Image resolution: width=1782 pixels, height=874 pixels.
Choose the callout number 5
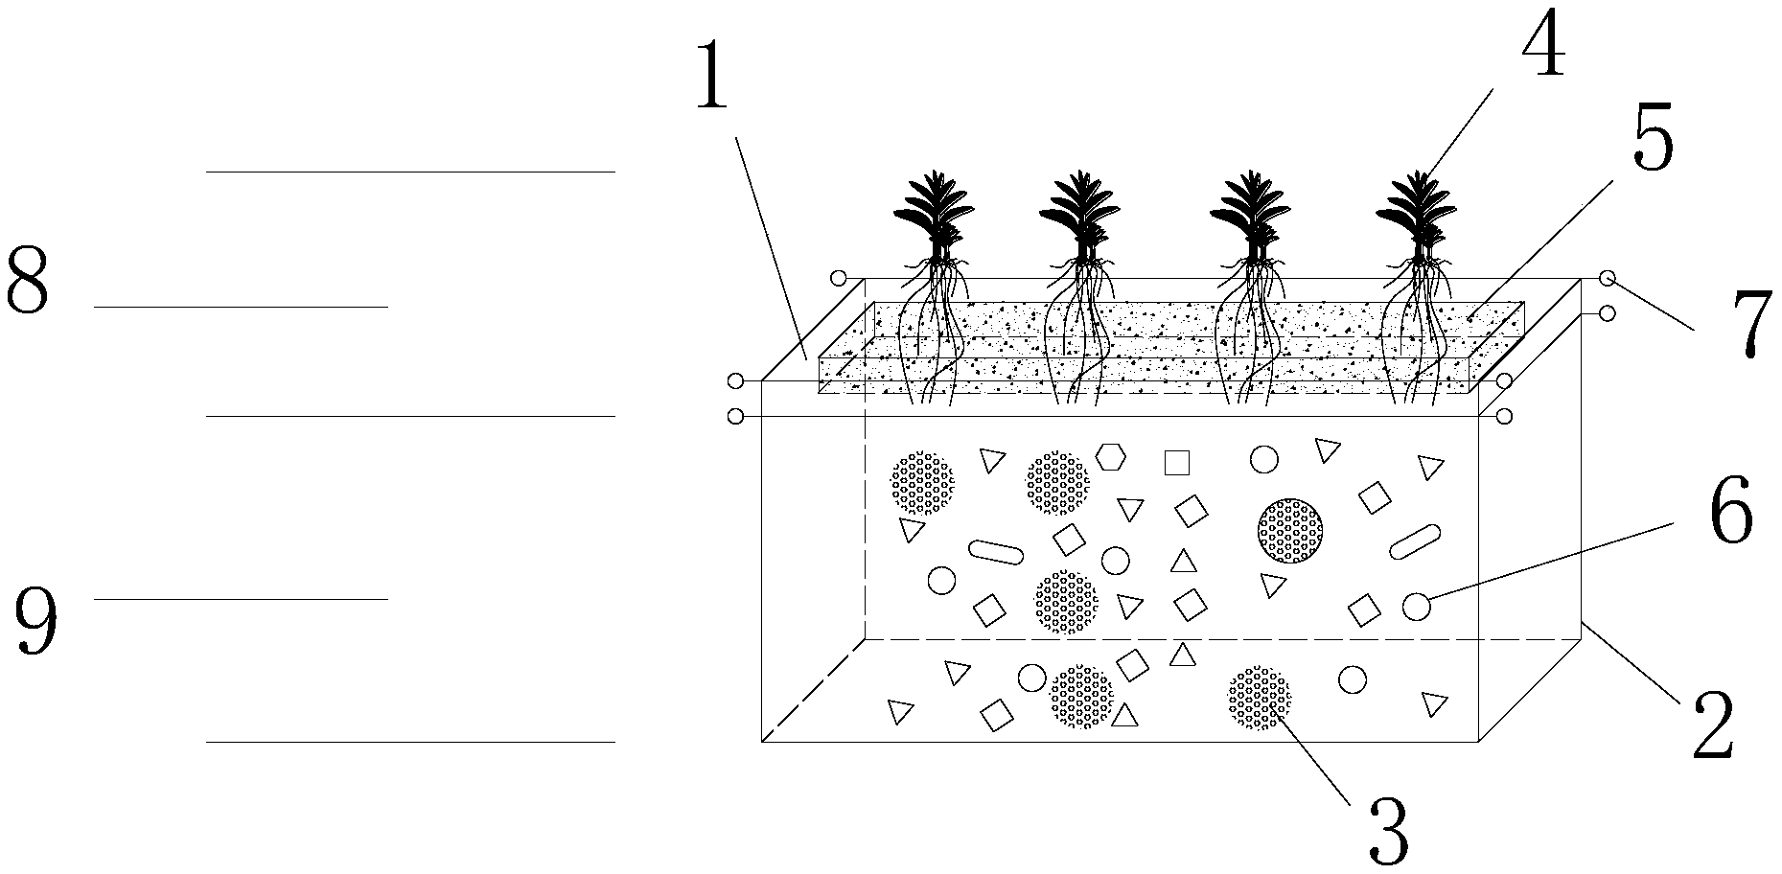1653,134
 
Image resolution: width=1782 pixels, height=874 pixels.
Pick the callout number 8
28,279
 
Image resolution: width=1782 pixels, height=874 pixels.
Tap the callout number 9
35,619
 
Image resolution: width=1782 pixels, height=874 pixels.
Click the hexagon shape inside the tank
1112,456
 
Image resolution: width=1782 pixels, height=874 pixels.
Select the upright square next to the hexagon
1176,463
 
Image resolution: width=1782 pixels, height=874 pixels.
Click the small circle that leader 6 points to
1417,607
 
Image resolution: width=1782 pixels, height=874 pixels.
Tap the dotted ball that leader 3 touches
1260,699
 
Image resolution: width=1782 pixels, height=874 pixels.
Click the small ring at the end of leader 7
1608,279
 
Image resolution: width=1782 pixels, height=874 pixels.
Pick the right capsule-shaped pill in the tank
1414,541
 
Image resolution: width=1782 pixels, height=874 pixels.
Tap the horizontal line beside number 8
241,307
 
